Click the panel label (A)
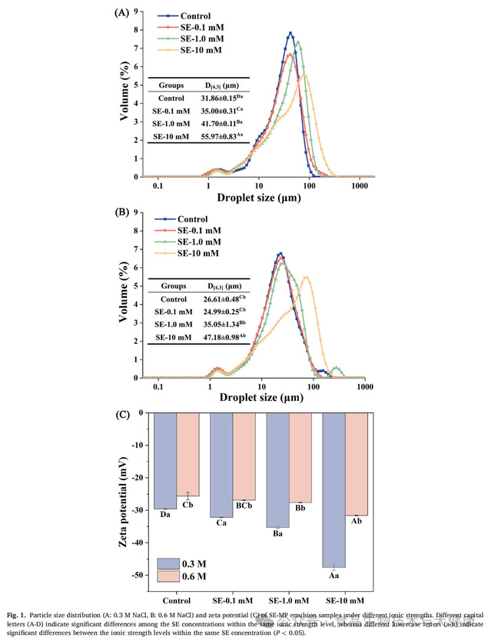pyautogui.click(x=121, y=13)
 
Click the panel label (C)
pyautogui.click(x=121, y=414)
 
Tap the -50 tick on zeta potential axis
pyautogui.click(x=141, y=575)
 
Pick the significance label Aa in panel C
pyautogui.click(x=333, y=575)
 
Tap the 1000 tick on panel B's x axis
pyautogui.click(x=366, y=386)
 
